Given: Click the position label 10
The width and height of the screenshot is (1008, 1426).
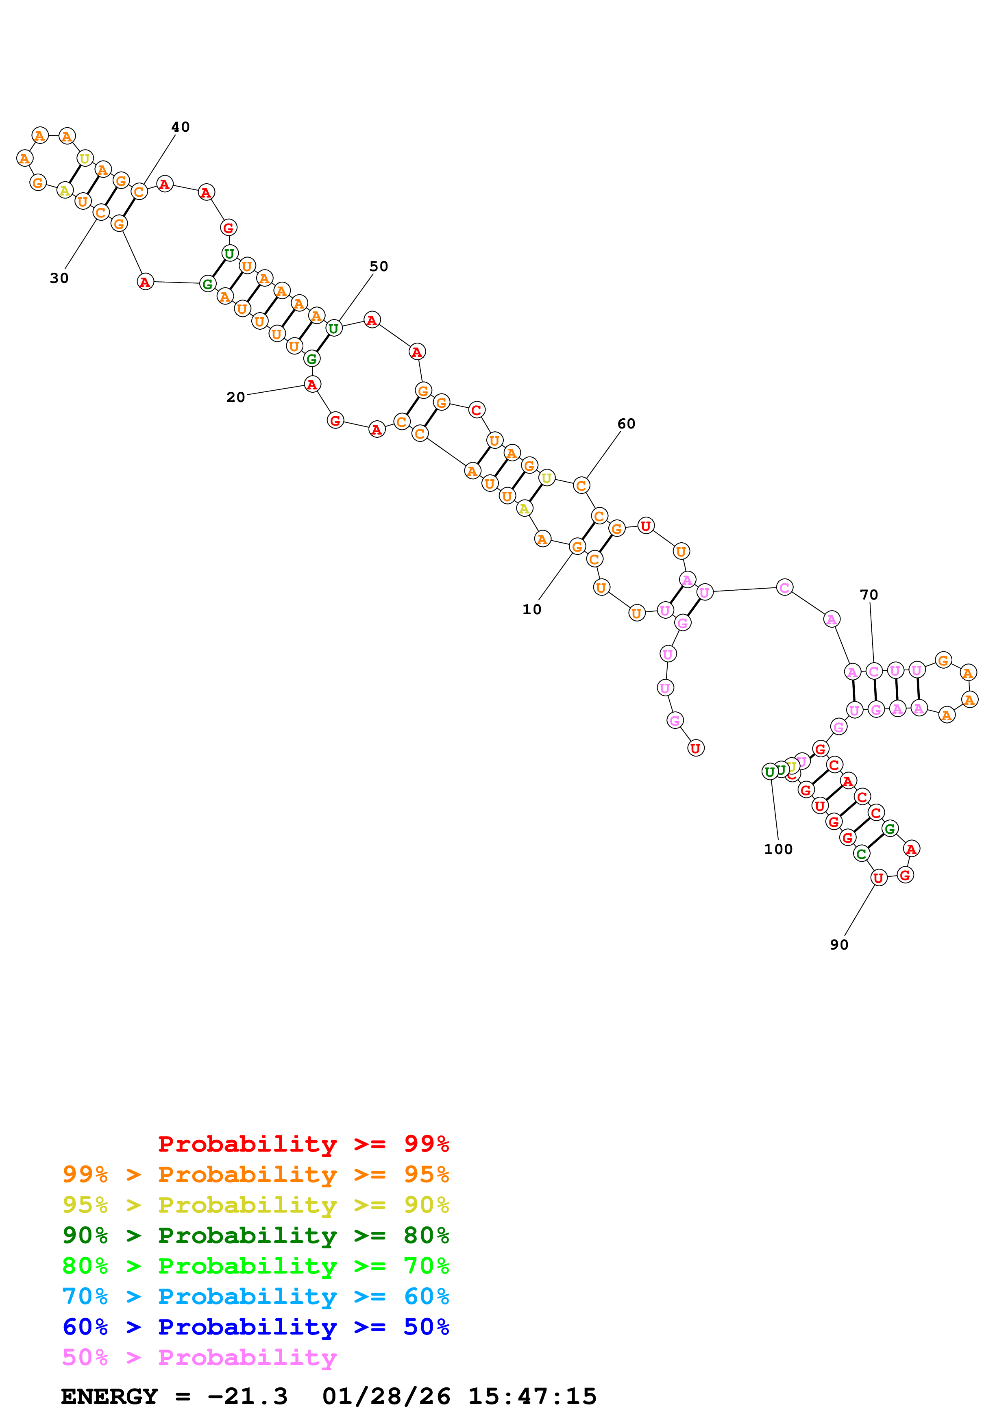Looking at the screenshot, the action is pos(531,610).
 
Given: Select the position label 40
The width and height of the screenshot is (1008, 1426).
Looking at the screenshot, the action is pos(180,127).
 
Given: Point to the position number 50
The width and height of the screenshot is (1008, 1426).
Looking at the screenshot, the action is pos(379,266).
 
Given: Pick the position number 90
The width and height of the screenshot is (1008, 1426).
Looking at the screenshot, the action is pos(839,945).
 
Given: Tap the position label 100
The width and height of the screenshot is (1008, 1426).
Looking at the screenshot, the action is pos(778,850).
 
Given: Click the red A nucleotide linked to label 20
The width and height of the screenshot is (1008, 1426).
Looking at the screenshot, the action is pos(312,385).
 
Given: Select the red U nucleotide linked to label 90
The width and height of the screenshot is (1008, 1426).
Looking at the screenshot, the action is pos(878,878).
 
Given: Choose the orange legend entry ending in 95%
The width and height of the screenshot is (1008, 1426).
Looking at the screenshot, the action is pos(256,1174).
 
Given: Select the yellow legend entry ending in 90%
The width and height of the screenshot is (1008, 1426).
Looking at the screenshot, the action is pos(256,1205).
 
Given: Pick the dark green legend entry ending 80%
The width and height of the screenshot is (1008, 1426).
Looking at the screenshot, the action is pos(256,1235).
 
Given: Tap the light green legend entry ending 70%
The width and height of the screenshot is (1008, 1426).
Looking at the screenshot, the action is pos(256,1266).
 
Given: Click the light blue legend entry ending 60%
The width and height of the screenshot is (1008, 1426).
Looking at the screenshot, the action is pos(256,1296).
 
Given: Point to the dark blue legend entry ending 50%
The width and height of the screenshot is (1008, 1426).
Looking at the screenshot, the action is pos(256,1327).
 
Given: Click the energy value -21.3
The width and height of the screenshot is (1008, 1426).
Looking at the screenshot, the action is pos(247,1396).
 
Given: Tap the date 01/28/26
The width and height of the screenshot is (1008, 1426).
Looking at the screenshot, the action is pos(386,1396).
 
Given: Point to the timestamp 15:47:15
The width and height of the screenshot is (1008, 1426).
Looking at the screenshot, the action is pos(532,1396).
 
